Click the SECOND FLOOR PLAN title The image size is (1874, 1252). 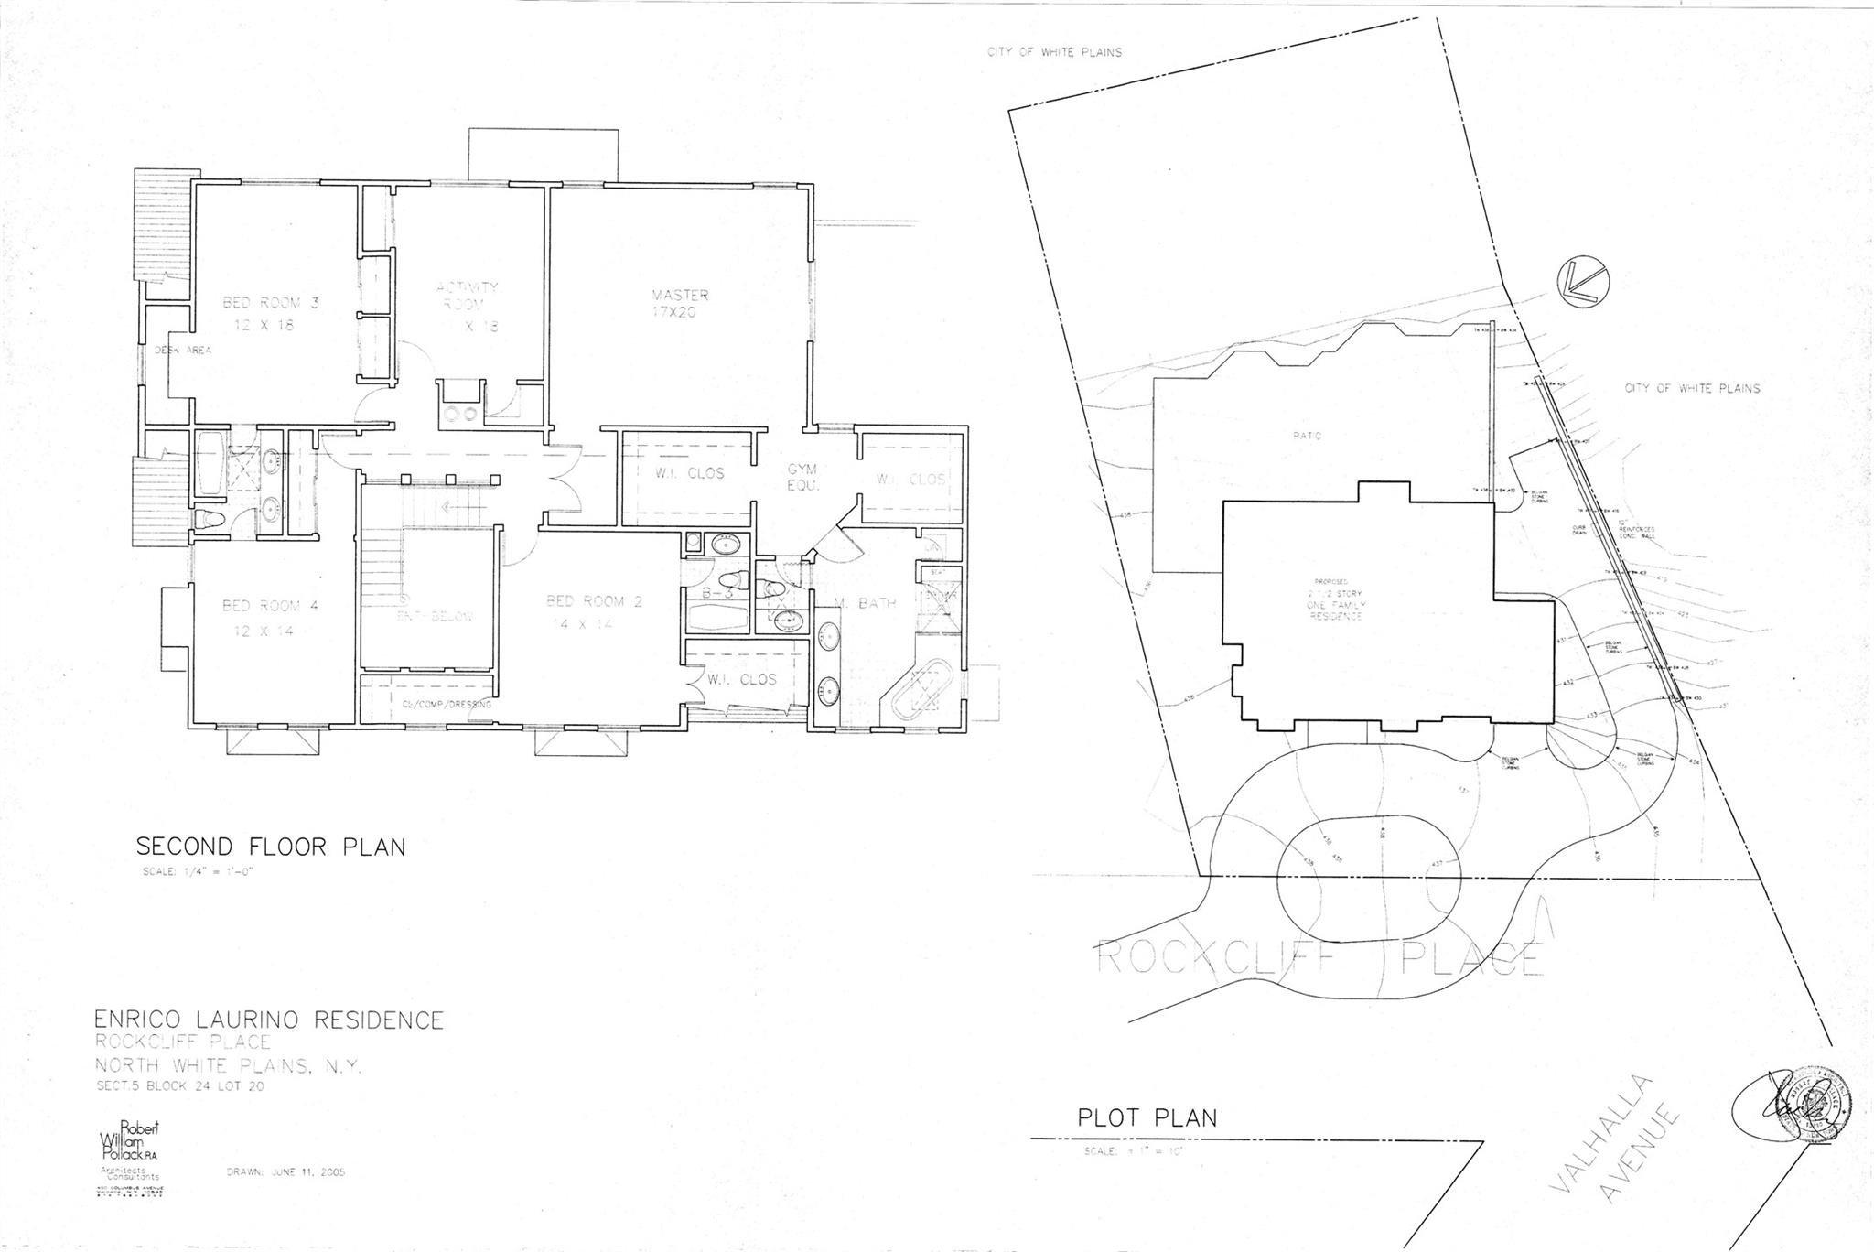270,846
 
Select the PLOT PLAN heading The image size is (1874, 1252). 1147,1117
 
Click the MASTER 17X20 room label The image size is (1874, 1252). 680,303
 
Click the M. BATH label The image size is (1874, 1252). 865,602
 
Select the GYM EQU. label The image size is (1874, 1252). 802,477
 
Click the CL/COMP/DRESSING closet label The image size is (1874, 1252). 446,705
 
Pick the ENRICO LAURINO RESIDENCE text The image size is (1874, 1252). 269,1020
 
